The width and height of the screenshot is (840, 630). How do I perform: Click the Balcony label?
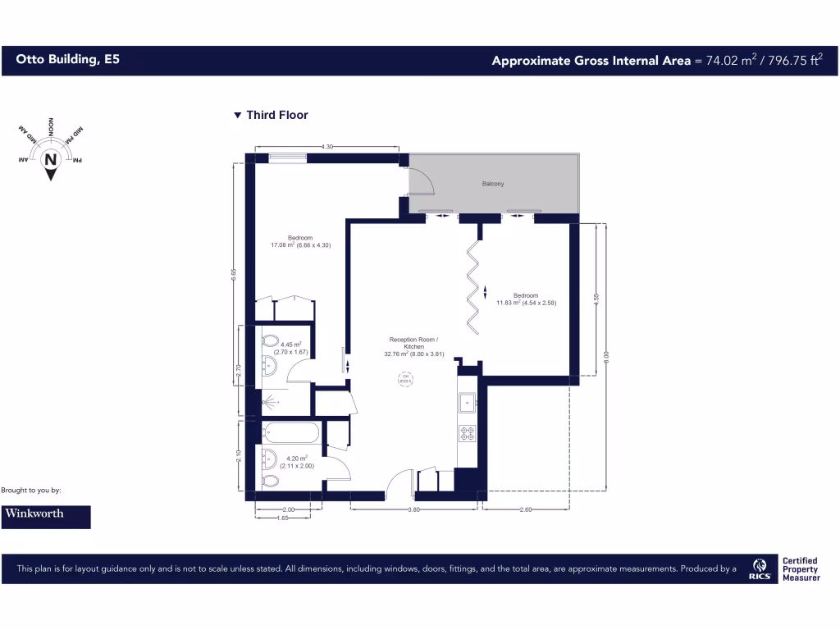(493, 184)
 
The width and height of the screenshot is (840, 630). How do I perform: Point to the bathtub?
(291, 431)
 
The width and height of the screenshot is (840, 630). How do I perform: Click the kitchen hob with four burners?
(468, 432)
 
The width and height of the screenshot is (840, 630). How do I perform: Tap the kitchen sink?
(468, 402)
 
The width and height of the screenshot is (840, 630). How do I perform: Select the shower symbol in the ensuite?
(270, 403)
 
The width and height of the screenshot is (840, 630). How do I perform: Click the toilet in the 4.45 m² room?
(268, 341)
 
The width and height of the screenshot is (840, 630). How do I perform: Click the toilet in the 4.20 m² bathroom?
(268, 481)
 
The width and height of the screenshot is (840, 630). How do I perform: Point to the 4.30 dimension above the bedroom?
(326, 147)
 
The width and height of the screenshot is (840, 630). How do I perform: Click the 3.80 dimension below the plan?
(414, 509)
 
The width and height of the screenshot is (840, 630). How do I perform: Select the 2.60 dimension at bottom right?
(526, 509)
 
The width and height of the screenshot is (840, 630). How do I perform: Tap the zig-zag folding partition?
(473, 284)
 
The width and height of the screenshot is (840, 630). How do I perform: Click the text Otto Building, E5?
(67, 60)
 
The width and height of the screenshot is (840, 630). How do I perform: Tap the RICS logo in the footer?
(760, 568)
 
